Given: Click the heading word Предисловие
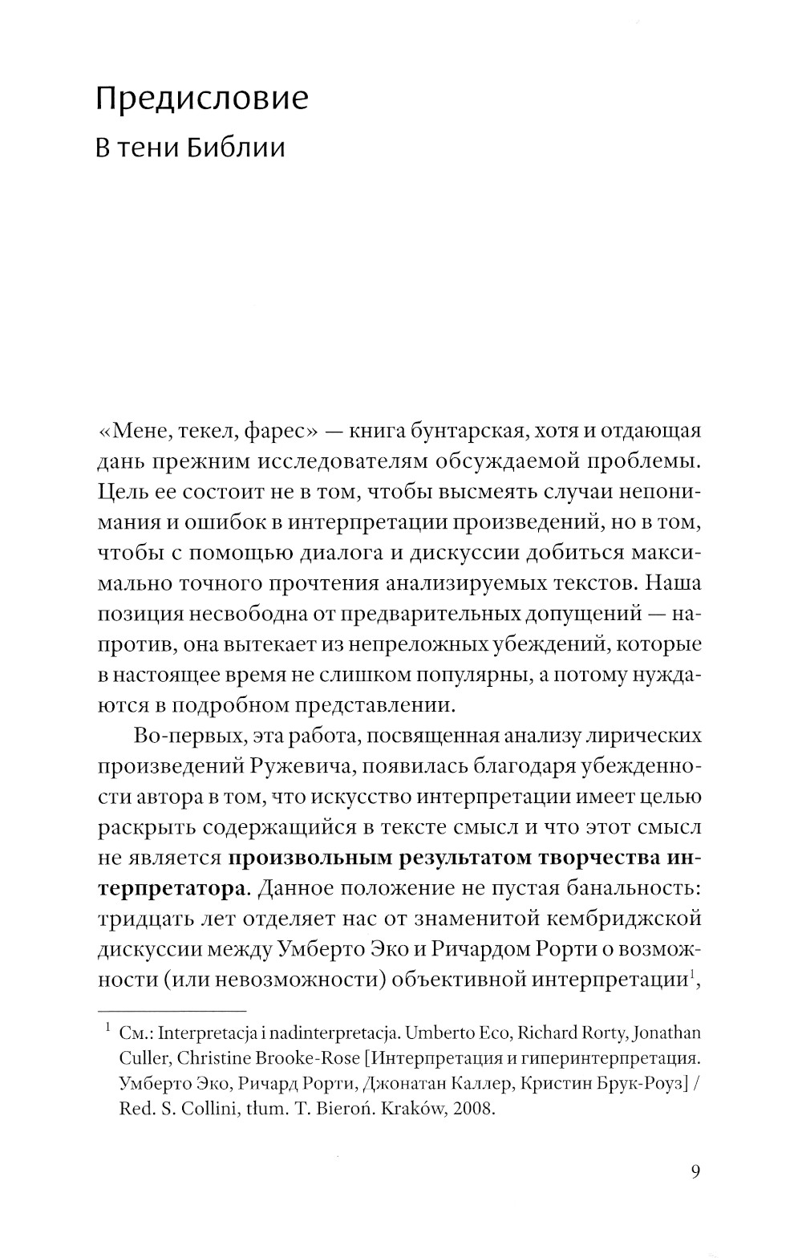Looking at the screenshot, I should pos(202,99).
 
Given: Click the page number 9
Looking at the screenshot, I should pos(695,1171).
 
